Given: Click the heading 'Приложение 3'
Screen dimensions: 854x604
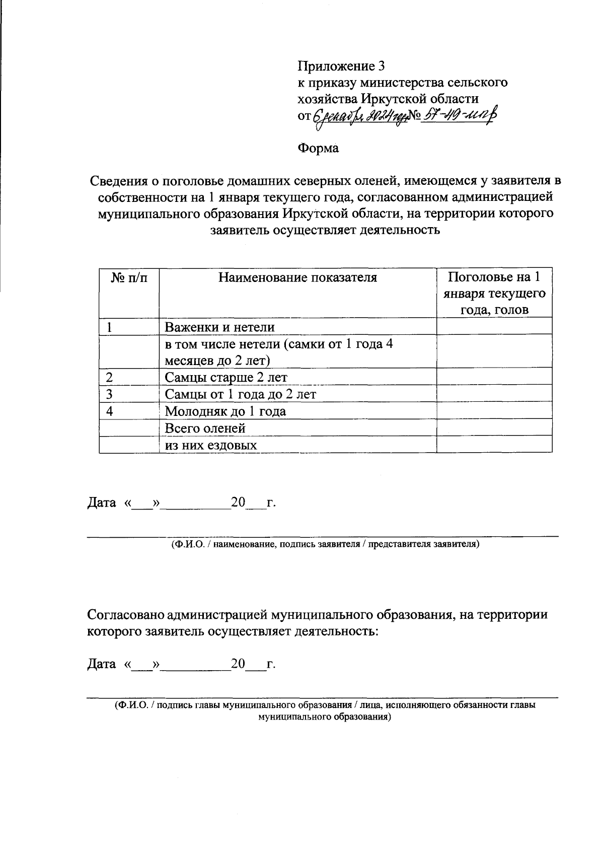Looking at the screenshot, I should [341, 66].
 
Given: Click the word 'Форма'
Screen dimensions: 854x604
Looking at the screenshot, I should [318, 148].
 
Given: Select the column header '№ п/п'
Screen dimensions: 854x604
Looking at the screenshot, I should [129, 277].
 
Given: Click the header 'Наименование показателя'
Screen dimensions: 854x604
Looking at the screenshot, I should [297, 277].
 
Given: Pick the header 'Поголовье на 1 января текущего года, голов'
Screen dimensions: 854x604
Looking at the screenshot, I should [494, 293].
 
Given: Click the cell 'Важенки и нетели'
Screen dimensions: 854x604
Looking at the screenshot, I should [220, 327].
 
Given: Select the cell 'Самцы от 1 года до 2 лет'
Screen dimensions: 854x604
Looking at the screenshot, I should [241, 394].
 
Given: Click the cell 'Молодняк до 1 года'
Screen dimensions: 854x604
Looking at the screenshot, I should [225, 411].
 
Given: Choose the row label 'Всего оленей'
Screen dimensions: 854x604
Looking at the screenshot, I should [205, 429].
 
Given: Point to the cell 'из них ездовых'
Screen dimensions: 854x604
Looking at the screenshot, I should [211, 445].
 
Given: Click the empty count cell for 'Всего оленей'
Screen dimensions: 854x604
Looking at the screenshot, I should [494, 428].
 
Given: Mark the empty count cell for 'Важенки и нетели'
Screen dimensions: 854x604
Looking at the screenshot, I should [494, 326].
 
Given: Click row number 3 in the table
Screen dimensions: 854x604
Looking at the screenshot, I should [109, 394].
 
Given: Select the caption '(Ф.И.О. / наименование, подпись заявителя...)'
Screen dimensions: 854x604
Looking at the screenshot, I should [325, 544].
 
